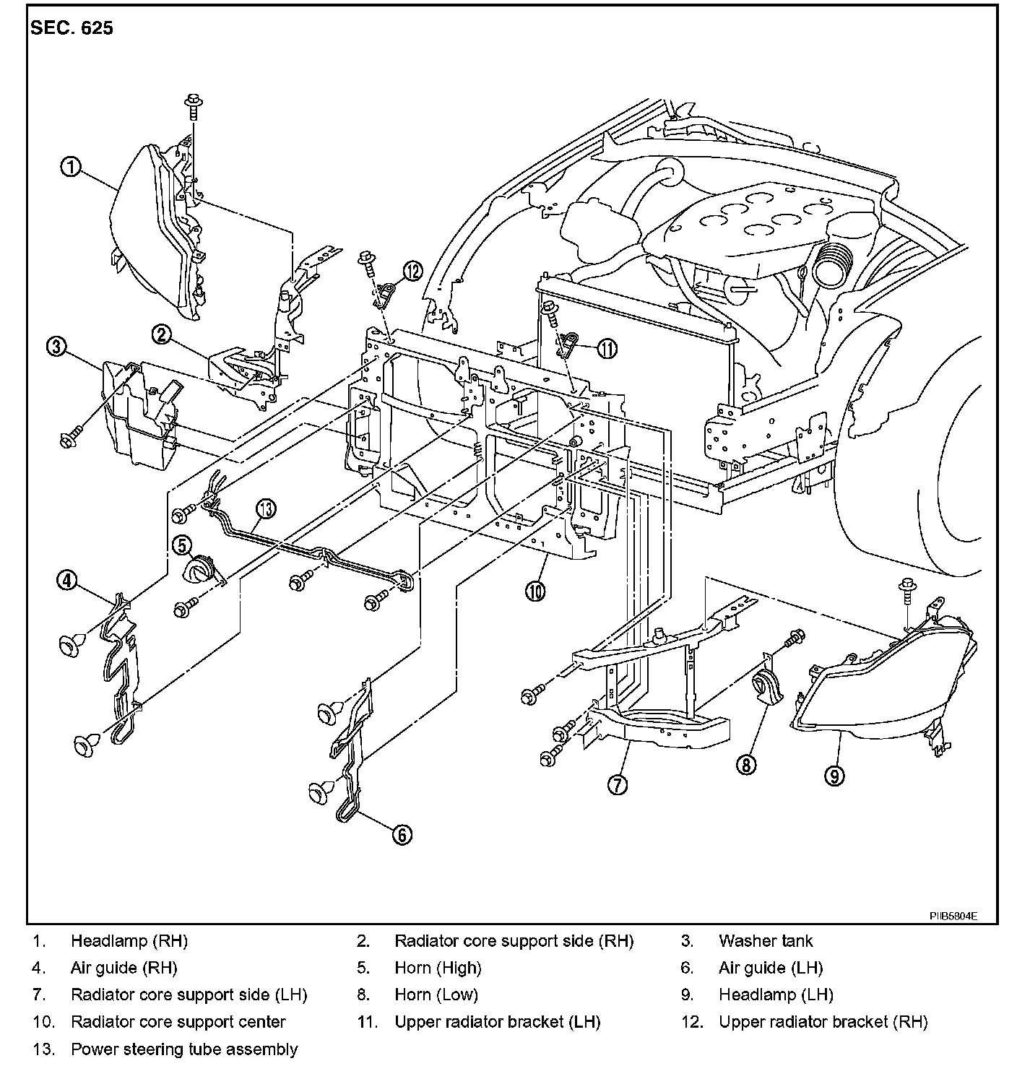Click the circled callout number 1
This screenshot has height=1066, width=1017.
pyautogui.click(x=71, y=166)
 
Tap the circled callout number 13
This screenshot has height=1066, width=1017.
pyautogui.click(x=266, y=508)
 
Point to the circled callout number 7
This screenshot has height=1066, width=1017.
pyautogui.click(x=618, y=784)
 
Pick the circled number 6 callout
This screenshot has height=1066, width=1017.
pyautogui.click(x=402, y=834)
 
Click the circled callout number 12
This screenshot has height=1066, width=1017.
pyautogui.click(x=413, y=271)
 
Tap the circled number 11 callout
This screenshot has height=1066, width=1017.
pyautogui.click(x=607, y=349)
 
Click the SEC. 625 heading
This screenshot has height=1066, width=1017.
pyautogui.click(x=72, y=27)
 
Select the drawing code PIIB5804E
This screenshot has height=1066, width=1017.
pyautogui.click(x=953, y=916)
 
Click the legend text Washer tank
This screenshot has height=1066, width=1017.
pyautogui.click(x=766, y=941)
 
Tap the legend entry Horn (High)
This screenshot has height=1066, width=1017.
pyautogui.click(x=438, y=968)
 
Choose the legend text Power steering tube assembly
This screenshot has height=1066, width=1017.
pyautogui.click(x=184, y=1049)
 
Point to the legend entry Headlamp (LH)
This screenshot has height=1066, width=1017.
pyautogui.click(x=776, y=995)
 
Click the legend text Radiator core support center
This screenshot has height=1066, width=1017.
pyautogui.click(x=178, y=1022)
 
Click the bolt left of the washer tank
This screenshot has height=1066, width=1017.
pyautogui.click(x=71, y=437)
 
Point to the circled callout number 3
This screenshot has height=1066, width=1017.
pyautogui.click(x=56, y=347)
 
